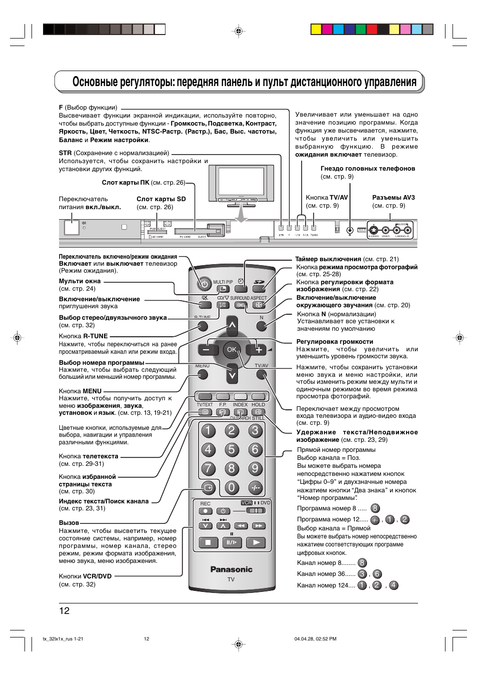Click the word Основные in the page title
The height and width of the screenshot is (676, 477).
(94, 82)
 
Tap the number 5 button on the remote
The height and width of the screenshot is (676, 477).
(231, 449)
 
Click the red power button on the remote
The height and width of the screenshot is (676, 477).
(204, 284)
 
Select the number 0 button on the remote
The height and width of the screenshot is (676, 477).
(231, 487)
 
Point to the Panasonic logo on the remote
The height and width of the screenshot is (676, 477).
(231, 569)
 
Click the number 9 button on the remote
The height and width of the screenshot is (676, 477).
(255, 468)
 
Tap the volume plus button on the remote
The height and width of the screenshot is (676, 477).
(259, 349)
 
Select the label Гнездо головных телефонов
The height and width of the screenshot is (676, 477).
(367, 169)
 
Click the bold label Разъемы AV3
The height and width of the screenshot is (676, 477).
(393, 198)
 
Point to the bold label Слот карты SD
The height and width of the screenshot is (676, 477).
(161, 199)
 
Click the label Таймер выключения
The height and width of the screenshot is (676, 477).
(328, 259)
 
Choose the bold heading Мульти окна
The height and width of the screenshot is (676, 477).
(79, 281)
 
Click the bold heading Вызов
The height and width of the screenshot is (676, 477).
(69, 523)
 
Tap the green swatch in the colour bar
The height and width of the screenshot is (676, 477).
(360, 29)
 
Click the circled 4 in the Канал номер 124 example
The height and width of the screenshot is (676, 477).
(394, 585)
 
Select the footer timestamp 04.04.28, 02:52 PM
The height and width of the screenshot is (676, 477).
(315, 639)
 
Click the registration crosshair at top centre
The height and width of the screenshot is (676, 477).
(238, 31)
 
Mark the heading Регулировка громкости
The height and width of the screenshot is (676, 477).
(334, 342)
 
